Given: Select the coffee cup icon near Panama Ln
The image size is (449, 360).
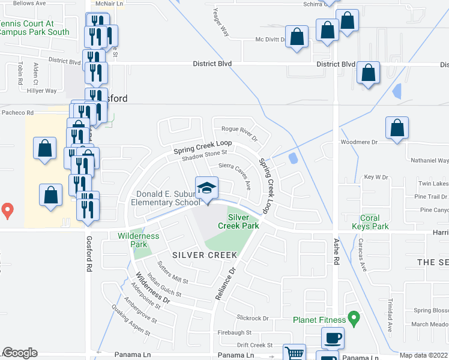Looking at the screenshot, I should click(332, 337).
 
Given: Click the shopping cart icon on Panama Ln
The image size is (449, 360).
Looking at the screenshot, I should click(294, 353).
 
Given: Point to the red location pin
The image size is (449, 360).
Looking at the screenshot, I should click(7, 211).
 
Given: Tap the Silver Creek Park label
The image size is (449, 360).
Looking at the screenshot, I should click(243, 221).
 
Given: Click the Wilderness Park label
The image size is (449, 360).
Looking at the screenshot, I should click(139, 240).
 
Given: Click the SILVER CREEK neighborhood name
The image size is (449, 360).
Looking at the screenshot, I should click(205, 255).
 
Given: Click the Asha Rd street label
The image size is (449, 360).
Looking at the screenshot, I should click(336, 259).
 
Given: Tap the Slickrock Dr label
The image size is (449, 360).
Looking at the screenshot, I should click(252, 318).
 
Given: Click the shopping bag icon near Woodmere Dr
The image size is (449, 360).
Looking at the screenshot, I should click(397, 128).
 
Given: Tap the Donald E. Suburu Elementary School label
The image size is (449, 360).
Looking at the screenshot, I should click(166, 198).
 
